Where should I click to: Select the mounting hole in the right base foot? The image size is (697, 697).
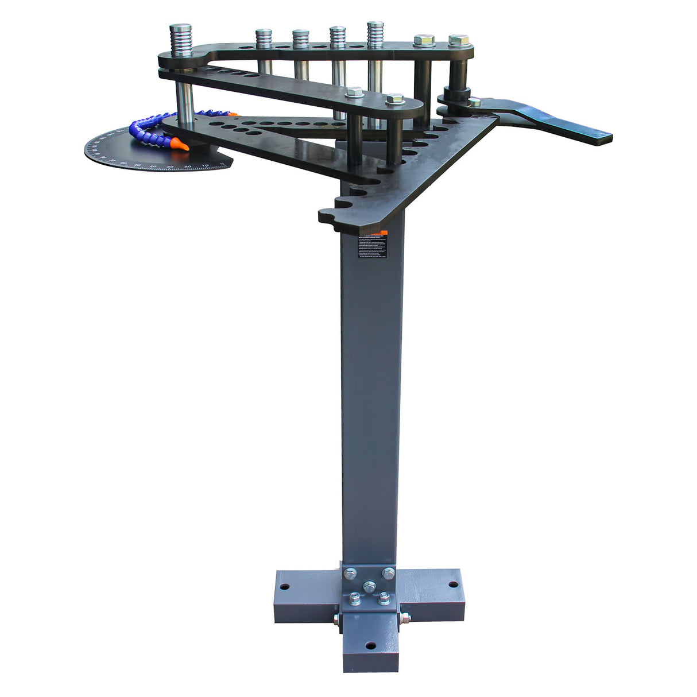pos(452,585)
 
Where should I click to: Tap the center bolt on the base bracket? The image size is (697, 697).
pos(370,586)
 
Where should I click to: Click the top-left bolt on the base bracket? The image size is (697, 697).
pos(350,572)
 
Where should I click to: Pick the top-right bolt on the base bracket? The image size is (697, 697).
pos(389,572)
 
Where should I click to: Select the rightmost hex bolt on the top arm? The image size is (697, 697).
pos(458,41)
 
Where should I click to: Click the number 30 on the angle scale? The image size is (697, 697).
pos(170,167)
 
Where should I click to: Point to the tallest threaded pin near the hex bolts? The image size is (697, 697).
pos(375,35)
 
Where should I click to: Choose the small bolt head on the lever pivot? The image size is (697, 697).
pos(474,102)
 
